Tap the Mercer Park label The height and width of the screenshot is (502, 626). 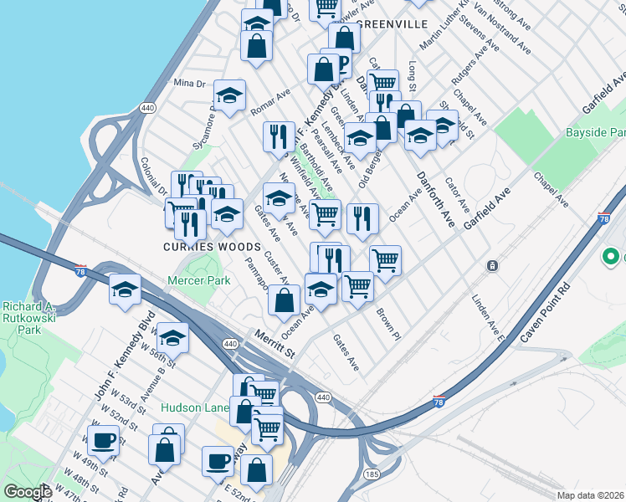point(198,281)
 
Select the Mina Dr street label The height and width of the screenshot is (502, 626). point(188,84)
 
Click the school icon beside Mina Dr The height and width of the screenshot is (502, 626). point(228,95)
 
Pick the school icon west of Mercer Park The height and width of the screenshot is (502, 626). point(125,289)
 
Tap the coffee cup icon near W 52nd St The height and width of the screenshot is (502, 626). point(104,439)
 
